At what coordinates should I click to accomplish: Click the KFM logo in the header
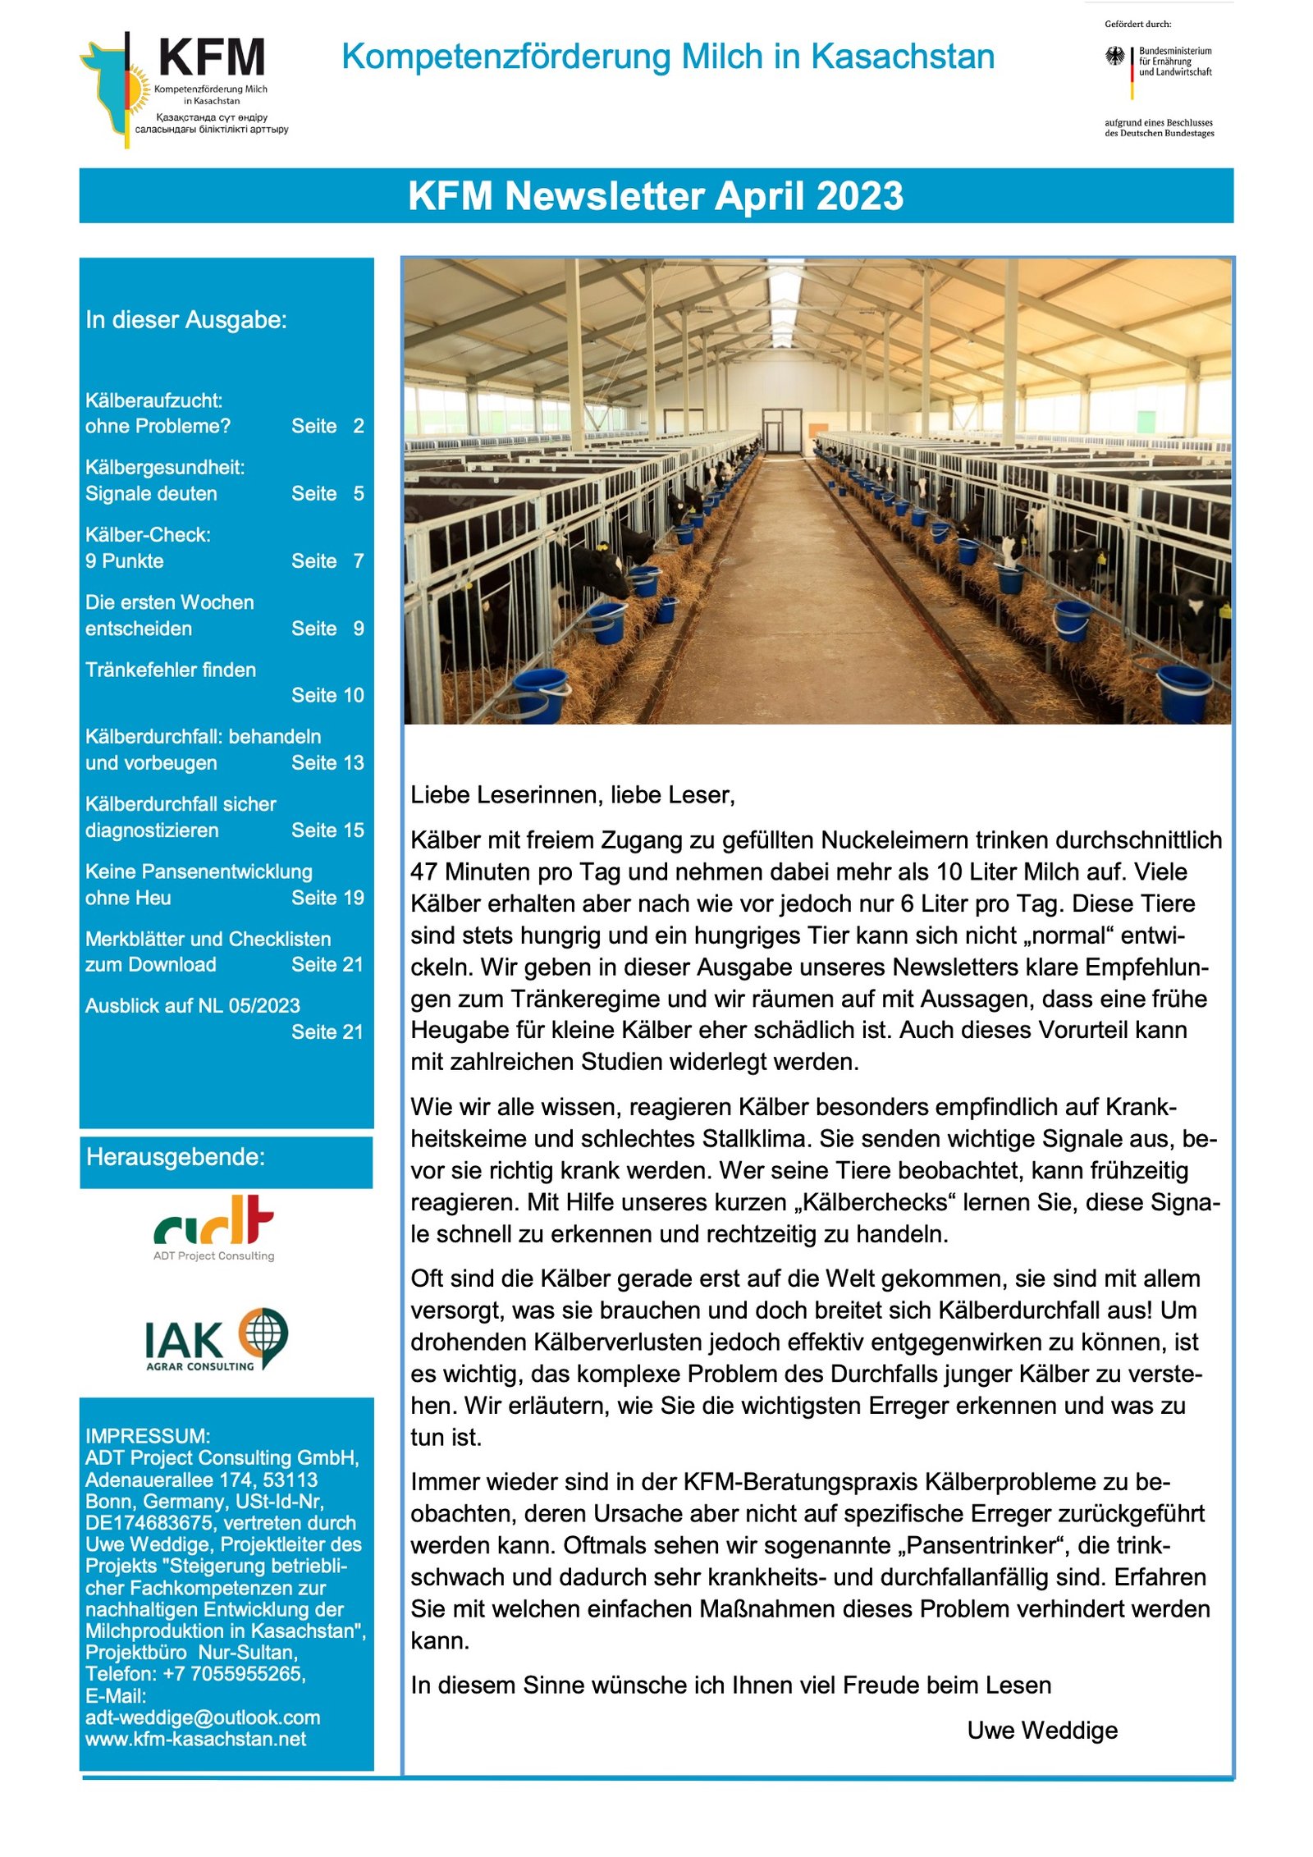[185, 89]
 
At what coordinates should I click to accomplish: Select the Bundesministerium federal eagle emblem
[1114, 57]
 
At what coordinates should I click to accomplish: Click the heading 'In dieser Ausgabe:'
[186, 320]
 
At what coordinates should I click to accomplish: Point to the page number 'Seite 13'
[327, 762]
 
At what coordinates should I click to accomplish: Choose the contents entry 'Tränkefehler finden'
[171, 670]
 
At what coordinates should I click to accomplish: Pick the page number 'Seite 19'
[327, 898]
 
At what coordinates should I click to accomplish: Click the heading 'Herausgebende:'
[176, 1157]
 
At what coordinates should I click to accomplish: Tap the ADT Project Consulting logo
[214, 1228]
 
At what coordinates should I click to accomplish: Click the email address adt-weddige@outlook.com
[203, 1717]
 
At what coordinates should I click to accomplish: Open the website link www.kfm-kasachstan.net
[195, 1739]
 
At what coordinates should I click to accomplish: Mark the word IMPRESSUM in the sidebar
[147, 1436]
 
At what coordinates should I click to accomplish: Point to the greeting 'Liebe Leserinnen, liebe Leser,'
[573, 794]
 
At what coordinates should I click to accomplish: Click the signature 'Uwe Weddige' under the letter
[1042, 1731]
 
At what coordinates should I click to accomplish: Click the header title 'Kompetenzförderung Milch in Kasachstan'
[668, 57]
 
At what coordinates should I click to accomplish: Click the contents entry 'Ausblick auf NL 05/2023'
[193, 1005]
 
